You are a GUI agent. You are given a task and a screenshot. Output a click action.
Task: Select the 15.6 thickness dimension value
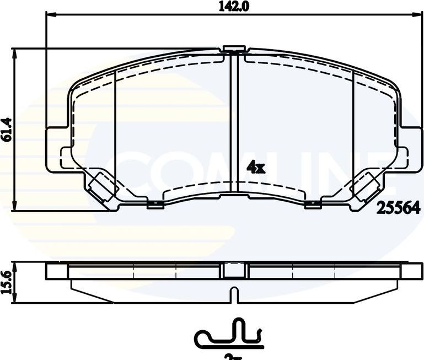point(7,282)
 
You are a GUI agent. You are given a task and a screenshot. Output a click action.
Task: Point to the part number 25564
point(399,208)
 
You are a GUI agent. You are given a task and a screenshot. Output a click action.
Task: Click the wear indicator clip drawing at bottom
point(229,335)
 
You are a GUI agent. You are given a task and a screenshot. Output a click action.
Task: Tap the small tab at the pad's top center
point(234,50)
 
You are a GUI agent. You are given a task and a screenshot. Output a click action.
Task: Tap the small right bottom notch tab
point(313,205)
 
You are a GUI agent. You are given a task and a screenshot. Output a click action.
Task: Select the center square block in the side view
point(234,270)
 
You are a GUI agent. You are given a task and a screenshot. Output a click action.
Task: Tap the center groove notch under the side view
point(234,295)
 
